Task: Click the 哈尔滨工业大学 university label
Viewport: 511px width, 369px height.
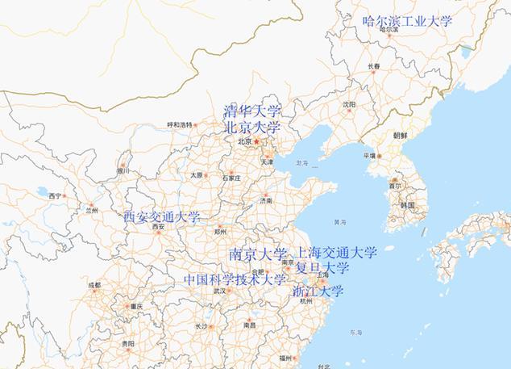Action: [408, 21]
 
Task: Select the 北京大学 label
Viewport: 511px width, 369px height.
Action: [252, 128]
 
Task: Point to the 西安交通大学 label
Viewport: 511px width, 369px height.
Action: [162, 217]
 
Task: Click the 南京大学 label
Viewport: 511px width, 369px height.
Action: [257, 253]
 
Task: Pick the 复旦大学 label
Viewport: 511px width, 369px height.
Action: [322, 267]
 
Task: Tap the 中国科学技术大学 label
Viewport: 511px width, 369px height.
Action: [235, 280]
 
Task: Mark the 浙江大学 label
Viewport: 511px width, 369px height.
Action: [318, 291]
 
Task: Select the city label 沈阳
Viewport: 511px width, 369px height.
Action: [348, 104]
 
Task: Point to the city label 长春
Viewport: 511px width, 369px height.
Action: [374, 66]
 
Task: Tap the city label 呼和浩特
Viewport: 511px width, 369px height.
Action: [181, 124]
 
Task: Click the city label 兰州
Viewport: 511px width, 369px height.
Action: [91, 210]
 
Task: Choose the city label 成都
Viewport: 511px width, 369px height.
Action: [95, 285]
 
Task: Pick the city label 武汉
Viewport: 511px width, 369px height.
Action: [218, 291]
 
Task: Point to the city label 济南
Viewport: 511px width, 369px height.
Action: [266, 200]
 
